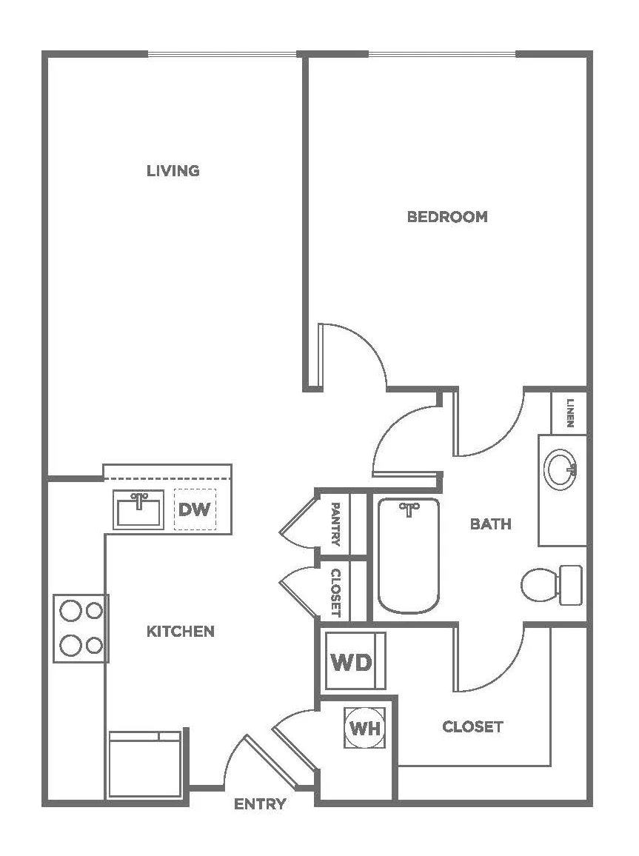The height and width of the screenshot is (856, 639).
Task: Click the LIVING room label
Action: (x=173, y=171)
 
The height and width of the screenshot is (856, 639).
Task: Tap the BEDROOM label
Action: (x=447, y=217)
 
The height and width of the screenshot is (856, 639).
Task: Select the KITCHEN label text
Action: (x=181, y=632)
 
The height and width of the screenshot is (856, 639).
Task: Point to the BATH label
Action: (x=491, y=524)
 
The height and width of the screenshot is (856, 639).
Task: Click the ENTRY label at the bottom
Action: (x=260, y=803)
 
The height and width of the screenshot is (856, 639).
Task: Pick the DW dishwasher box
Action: (x=195, y=509)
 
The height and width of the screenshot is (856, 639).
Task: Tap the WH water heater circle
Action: (x=365, y=728)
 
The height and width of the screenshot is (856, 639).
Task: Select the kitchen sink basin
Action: (x=138, y=510)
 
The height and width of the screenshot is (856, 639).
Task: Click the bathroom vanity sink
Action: (x=561, y=469)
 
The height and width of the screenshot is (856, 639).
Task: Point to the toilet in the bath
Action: (x=552, y=585)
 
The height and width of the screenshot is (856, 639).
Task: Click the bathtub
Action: (x=409, y=555)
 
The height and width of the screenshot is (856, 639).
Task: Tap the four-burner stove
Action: (x=81, y=629)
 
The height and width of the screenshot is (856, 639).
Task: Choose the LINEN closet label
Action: (x=570, y=412)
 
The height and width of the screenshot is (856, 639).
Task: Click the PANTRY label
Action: (x=336, y=524)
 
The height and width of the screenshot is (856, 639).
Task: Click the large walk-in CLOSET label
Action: (x=472, y=726)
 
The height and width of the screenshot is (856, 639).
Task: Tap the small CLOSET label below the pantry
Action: (x=336, y=593)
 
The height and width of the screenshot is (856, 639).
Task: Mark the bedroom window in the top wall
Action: (x=442, y=54)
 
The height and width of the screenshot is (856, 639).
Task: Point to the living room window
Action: (x=222, y=54)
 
